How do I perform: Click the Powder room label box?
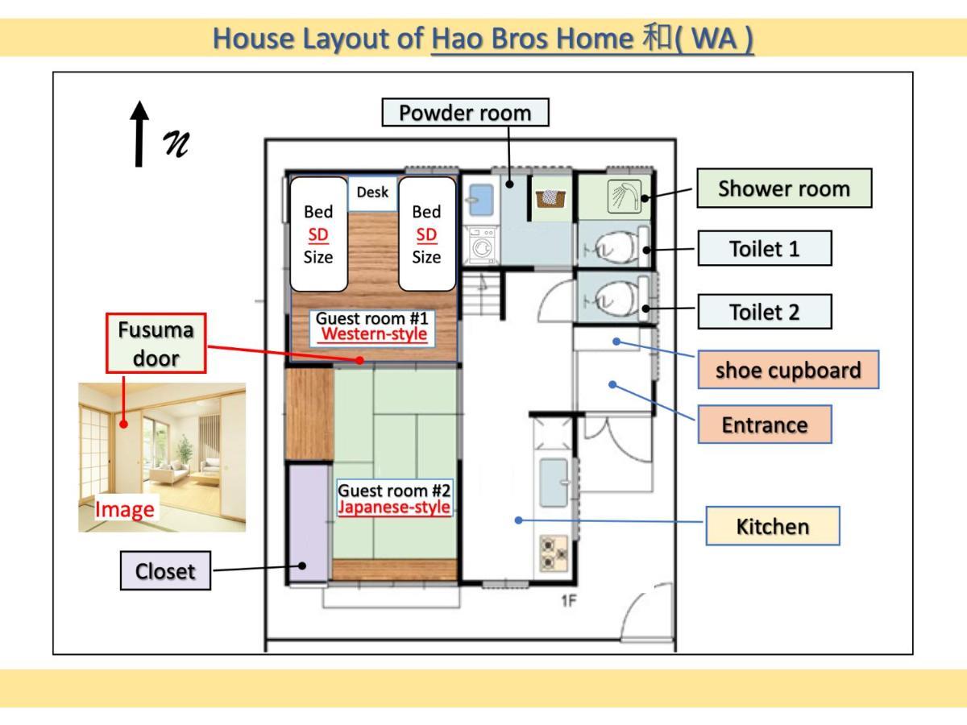[465, 113]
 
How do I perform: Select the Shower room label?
[784, 188]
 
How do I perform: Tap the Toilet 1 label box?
[765, 249]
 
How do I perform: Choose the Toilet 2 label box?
[765, 312]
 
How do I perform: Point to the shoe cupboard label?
[788, 370]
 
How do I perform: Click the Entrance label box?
[765, 425]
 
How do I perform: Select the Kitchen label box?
[773, 526]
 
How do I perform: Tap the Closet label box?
[165, 571]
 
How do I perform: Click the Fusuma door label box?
[156, 343]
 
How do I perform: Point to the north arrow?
[139, 135]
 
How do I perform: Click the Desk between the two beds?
[373, 193]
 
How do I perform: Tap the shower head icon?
[624, 197]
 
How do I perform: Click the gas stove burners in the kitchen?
[554, 553]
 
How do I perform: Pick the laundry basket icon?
[550, 198]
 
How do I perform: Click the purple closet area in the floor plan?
[309, 523]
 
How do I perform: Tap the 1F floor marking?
[569, 601]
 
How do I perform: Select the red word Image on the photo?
[125, 510]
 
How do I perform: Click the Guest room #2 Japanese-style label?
[394, 499]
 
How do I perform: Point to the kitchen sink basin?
[554, 483]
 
